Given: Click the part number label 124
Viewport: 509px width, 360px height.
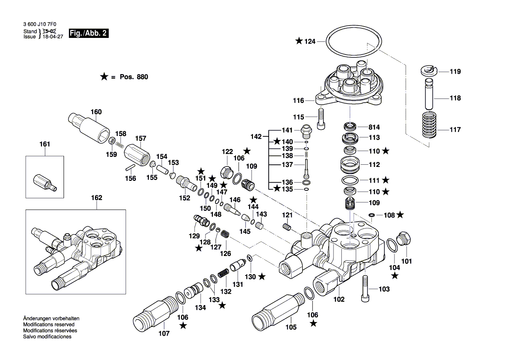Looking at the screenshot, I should tap(309, 41).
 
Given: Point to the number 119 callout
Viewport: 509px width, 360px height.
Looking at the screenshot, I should tap(455, 71).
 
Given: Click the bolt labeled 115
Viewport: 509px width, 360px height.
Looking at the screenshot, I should tap(321, 118).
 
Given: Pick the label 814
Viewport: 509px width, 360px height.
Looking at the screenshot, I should tap(374, 127).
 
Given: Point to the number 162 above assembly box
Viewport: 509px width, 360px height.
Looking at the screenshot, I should tap(96, 198).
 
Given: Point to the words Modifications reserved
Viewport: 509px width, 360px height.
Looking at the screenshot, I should tap(48, 325).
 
